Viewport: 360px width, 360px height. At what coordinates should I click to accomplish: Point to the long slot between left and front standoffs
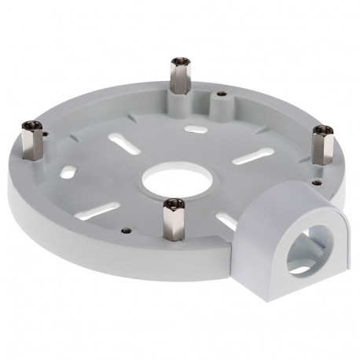105,210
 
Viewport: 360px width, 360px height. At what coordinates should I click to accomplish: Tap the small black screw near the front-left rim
127,230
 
